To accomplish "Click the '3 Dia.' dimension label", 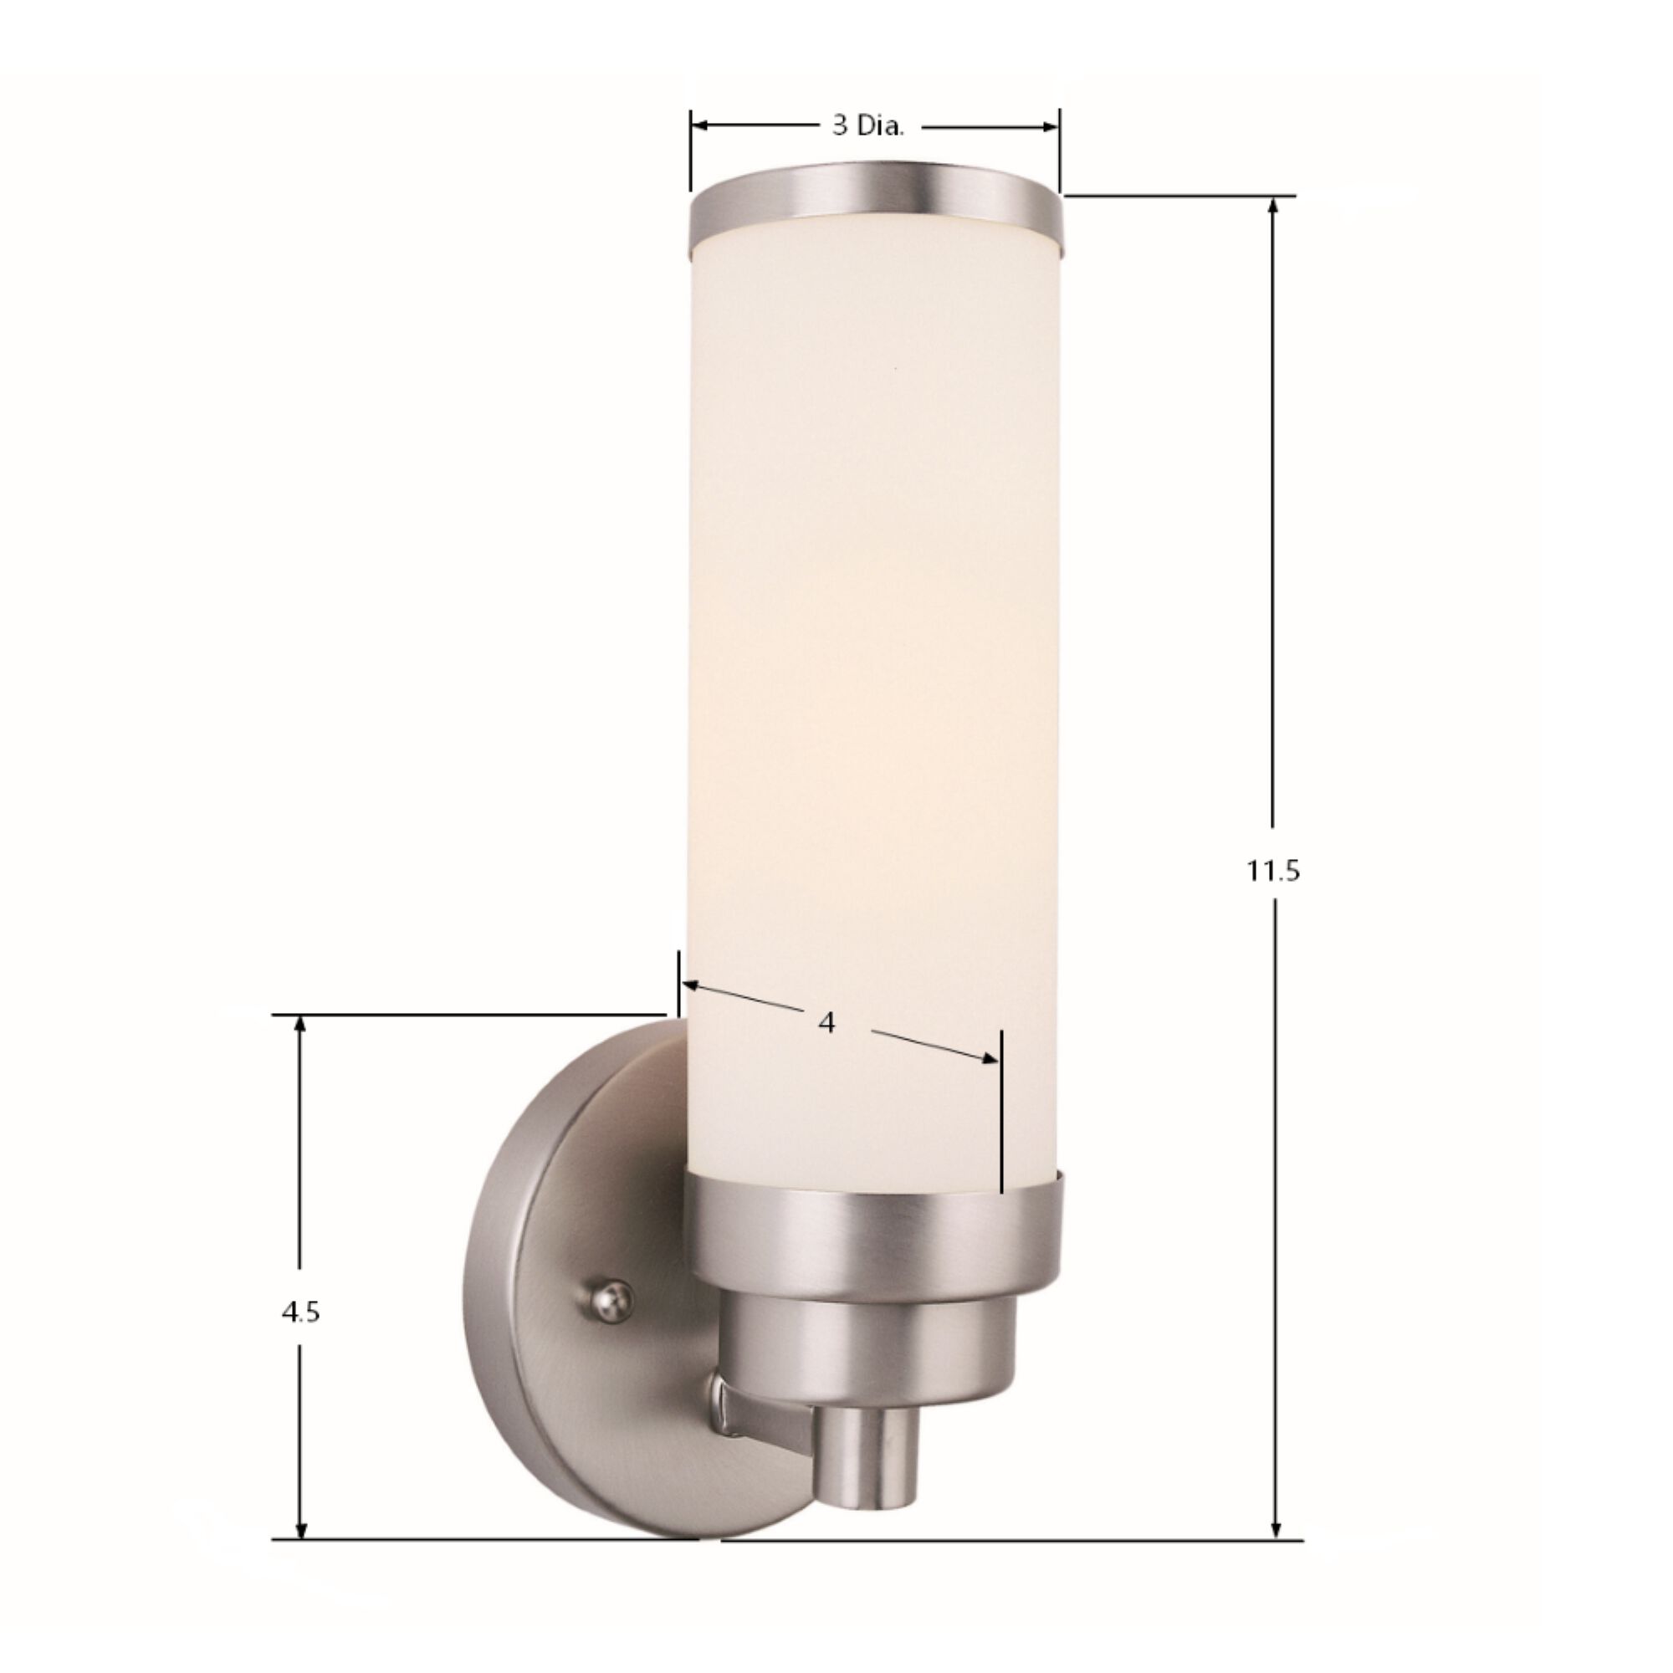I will pyautogui.click(x=868, y=126).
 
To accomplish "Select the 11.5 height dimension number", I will pyautogui.click(x=1273, y=871).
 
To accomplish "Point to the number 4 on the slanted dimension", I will pyautogui.click(x=826, y=1023).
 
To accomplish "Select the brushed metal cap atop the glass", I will pyautogui.click(x=875, y=206).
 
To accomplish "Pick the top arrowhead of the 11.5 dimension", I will pyautogui.click(x=1274, y=207).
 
